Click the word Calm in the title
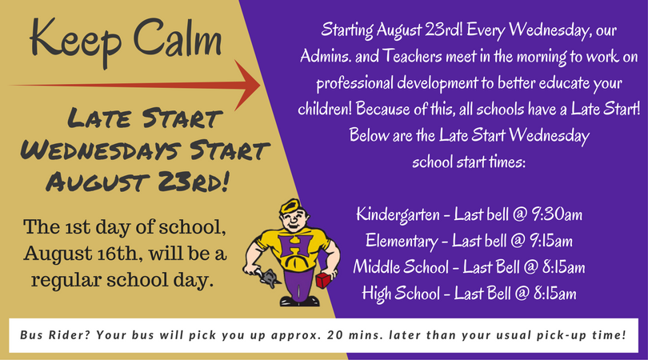178,37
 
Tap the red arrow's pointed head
259,86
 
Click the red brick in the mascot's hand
324,280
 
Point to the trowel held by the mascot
269,278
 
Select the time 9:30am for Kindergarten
556,214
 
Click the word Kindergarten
398,215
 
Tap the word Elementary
402,242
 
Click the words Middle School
401,266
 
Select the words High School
401,294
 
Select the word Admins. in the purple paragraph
326,56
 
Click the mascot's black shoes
299,302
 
